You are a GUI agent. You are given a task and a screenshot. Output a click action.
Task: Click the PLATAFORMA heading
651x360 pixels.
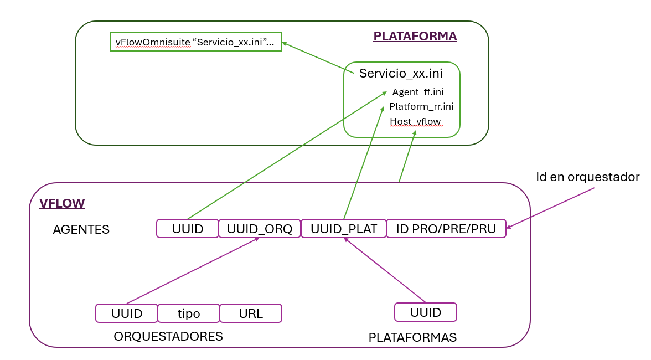(415, 36)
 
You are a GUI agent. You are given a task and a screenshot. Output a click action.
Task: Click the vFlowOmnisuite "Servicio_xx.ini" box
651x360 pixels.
(196, 42)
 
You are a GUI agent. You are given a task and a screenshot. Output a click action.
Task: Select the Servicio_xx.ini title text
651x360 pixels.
(401, 73)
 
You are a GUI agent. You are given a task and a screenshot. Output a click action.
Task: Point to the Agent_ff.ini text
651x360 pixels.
(418, 92)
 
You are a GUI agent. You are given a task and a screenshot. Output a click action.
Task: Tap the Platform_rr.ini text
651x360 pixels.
(421, 106)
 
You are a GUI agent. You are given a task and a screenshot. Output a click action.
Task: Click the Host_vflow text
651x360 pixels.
(416, 121)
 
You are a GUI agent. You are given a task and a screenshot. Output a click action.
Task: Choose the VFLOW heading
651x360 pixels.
(62, 203)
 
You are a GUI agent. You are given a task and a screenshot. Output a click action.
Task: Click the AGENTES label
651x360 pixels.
(81, 229)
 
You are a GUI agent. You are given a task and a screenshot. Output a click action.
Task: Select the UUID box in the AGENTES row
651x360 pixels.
(188, 229)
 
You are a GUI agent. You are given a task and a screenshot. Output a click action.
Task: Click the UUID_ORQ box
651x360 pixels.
(259, 229)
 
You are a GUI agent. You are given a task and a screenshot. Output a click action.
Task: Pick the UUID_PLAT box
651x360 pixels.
(343, 229)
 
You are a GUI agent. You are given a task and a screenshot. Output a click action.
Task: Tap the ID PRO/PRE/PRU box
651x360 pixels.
(446, 229)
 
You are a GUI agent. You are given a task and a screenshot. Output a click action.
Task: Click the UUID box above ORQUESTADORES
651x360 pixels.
(127, 313)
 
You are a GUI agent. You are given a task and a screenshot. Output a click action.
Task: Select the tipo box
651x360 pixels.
(189, 313)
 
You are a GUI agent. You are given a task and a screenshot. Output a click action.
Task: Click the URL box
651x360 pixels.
(251, 313)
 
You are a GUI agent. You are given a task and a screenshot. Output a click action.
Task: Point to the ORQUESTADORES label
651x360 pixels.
(168, 336)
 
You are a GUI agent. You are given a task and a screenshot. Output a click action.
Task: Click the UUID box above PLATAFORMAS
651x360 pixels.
(425, 312)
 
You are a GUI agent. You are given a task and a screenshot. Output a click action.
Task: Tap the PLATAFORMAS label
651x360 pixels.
(412, 337)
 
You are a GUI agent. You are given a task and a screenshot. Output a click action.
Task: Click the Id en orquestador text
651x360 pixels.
(587, 177)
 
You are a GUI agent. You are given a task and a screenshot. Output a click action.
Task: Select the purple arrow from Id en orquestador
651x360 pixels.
(551, 208)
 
